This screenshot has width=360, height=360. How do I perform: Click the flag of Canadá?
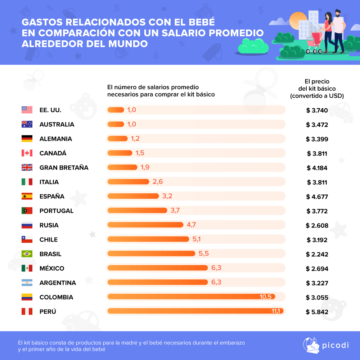tap(27, 153)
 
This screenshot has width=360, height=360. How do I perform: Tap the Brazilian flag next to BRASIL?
tap(27, 254)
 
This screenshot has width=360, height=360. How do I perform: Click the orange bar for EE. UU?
tap(116, 110)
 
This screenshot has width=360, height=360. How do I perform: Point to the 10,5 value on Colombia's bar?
tap(265, 297)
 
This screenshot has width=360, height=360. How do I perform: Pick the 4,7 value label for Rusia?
tap(191, 225)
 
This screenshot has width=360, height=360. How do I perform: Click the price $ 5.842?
tap(317, 312)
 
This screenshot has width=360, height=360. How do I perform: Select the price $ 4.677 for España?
tap(317, 197)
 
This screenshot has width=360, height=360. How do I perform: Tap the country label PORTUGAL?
tap(57, 211)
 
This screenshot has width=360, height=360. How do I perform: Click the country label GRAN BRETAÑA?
tap(64, 168)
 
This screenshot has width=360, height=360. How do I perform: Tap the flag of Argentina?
tap(27, 283)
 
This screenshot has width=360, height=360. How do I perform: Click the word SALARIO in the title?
tap(185, 33)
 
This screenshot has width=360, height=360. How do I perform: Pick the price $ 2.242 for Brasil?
tap(317, 254)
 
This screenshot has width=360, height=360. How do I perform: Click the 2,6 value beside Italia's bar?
tap(158, 182)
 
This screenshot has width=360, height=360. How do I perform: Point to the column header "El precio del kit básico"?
tap(317, 89)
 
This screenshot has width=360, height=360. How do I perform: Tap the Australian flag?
tap(27, 125)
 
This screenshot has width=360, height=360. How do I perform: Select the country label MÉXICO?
tap(52, 269)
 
